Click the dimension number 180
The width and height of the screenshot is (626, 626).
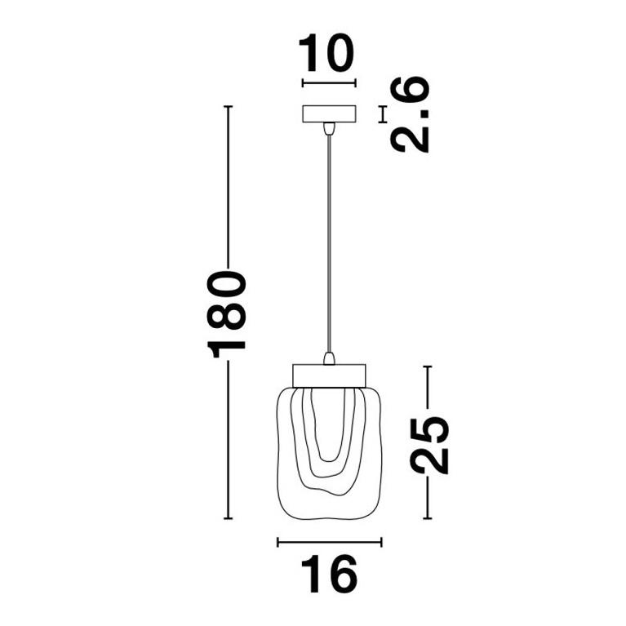coord(228,313)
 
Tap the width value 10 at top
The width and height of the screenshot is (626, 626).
coord(328,54)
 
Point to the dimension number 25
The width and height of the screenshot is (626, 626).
coord(429,444)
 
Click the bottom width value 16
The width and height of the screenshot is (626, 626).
coord(329,574)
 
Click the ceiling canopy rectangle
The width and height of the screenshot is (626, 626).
coord(329,113)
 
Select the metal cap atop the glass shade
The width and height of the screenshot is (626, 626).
coord(329,375)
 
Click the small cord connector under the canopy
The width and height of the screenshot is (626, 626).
coord(329,128)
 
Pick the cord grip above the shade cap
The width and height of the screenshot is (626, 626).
coord(329,358)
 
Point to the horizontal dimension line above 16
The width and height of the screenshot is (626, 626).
coord(329,541)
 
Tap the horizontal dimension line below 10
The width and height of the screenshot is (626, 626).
coord(329,82)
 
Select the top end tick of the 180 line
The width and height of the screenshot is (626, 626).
coord(228,107)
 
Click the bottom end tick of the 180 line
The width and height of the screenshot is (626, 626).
coord(228,518)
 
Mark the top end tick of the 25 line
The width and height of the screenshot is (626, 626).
coord(428,367)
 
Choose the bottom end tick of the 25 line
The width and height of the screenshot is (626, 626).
coord(428,518)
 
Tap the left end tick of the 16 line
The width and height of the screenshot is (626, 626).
coord(277,541)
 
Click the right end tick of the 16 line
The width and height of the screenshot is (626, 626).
coord(381,541)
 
